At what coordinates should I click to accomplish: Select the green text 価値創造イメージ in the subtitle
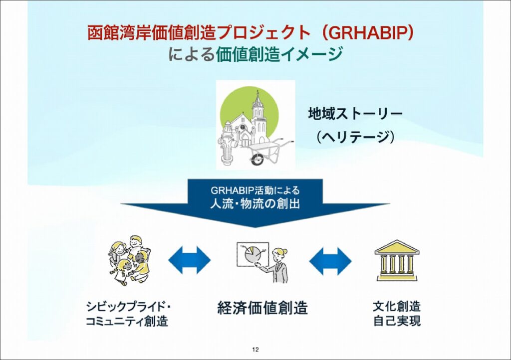(x=279, y=54)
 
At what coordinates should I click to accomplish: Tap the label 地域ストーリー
(x=355, y=114)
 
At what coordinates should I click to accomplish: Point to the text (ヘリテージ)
(x=355, y=137)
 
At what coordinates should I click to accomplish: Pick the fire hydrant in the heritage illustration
(x=229, y=147)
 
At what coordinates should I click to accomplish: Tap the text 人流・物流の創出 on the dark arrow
(x=255, y=204)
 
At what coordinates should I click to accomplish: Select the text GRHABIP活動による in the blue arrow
(x=255, y=190)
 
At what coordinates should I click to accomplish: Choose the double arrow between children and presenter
(x=189, y=260)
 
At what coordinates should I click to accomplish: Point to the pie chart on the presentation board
(x=251, y=255)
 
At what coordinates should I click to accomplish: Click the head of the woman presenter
(x=281, y=254)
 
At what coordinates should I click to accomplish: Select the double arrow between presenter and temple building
(x=330, y=261)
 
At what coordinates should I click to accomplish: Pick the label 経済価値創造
(x=262, y=308)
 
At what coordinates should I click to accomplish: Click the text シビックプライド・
(x=129, y=307)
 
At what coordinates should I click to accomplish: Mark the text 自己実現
(x=397, y=321)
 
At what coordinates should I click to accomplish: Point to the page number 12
(x=255, y=350)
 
